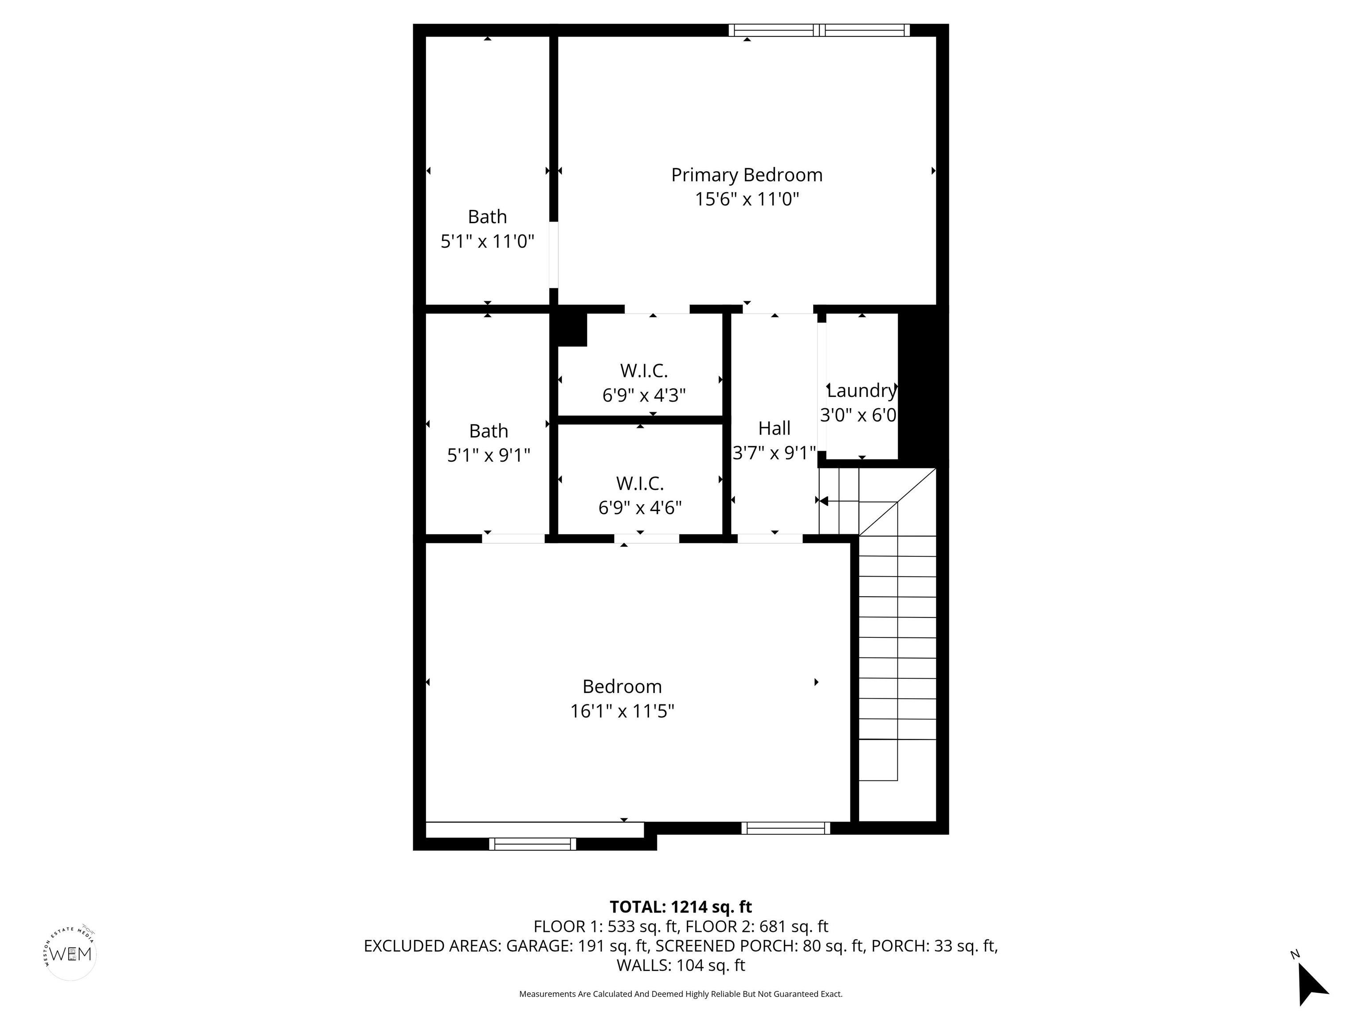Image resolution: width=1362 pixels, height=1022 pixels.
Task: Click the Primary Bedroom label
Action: pos(746,175)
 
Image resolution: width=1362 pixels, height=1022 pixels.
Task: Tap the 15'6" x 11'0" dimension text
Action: pos(746,200)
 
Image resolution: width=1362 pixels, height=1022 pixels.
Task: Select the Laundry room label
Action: pos(861,390)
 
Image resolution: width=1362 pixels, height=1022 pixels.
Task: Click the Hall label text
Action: pos(774,428)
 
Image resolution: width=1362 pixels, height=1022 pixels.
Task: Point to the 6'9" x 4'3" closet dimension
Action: pos(643,395)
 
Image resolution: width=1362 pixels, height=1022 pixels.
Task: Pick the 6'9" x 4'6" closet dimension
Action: pos(640,507)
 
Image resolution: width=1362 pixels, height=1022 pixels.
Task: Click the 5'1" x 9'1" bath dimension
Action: pos(488,455)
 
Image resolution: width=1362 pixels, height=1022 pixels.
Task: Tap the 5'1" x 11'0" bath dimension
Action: pos(487,241)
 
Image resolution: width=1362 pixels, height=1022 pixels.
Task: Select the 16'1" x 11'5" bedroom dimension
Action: pos(622,711)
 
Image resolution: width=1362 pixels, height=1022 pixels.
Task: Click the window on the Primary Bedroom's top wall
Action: pos(819,30)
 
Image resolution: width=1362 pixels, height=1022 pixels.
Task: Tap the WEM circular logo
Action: pos(71,954)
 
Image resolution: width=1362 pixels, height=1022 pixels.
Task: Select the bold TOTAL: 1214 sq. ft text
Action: pos(681,907)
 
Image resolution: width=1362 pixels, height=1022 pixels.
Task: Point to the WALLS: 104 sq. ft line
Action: pos(681,965)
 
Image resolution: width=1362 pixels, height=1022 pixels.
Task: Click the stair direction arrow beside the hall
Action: pos(823,501)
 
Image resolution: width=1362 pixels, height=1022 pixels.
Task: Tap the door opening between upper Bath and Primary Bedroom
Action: pos(554,255)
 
